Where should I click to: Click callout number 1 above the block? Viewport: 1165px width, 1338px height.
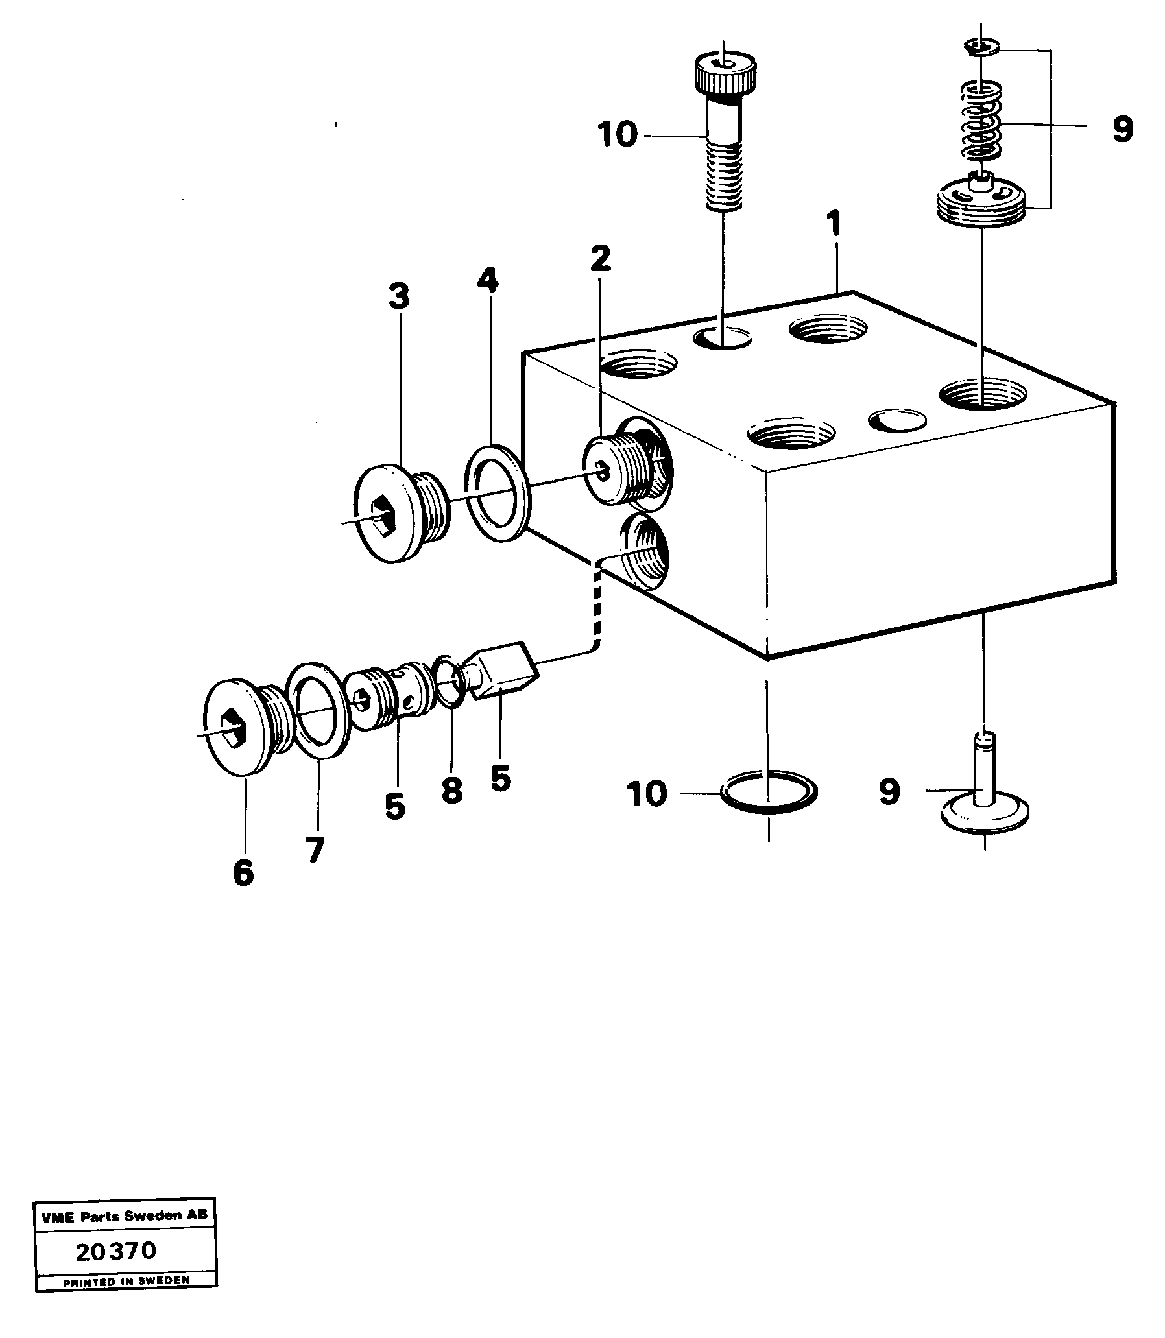833,225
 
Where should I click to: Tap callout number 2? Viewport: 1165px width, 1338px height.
600,259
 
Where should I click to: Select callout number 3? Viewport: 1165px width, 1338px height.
398,296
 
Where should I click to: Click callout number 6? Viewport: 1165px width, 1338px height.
243,872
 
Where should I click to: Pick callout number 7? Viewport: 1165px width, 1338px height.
315,850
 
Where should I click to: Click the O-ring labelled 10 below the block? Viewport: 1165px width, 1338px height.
769,793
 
